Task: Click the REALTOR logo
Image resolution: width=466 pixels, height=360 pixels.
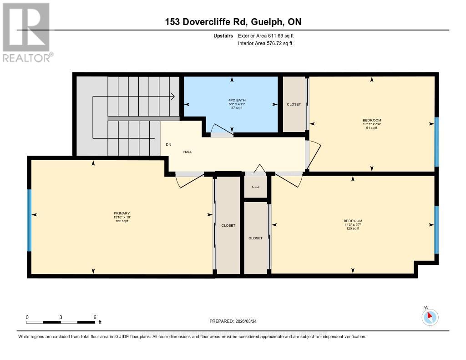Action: (27, 32)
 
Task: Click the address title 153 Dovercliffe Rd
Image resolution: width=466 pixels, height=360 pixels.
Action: (233, 22)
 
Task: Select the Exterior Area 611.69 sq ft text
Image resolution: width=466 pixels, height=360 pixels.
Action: (269, 35)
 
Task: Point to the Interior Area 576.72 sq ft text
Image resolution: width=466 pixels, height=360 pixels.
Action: (265, 44)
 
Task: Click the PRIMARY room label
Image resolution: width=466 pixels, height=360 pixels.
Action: (122, 213)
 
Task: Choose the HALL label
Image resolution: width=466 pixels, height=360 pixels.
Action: (187, 152)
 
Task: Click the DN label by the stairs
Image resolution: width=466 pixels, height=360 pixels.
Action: (168, 145)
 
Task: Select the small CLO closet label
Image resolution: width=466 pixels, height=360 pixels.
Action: (256, 187)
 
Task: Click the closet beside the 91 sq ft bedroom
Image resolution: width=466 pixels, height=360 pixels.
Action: (294, 104)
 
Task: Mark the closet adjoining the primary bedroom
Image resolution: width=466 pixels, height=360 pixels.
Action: (228, 225)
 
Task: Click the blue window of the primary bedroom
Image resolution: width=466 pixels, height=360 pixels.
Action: (30, 220)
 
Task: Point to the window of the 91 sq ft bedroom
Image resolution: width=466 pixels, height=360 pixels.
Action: (436, 142)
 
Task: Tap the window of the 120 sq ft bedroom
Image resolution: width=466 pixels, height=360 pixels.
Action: (436, 229)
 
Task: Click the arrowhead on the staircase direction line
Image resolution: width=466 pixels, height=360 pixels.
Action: (173, 96)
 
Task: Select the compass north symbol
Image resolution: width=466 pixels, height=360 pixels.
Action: (430, 317)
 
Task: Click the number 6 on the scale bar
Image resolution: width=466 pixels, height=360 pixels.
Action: (95, 317)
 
